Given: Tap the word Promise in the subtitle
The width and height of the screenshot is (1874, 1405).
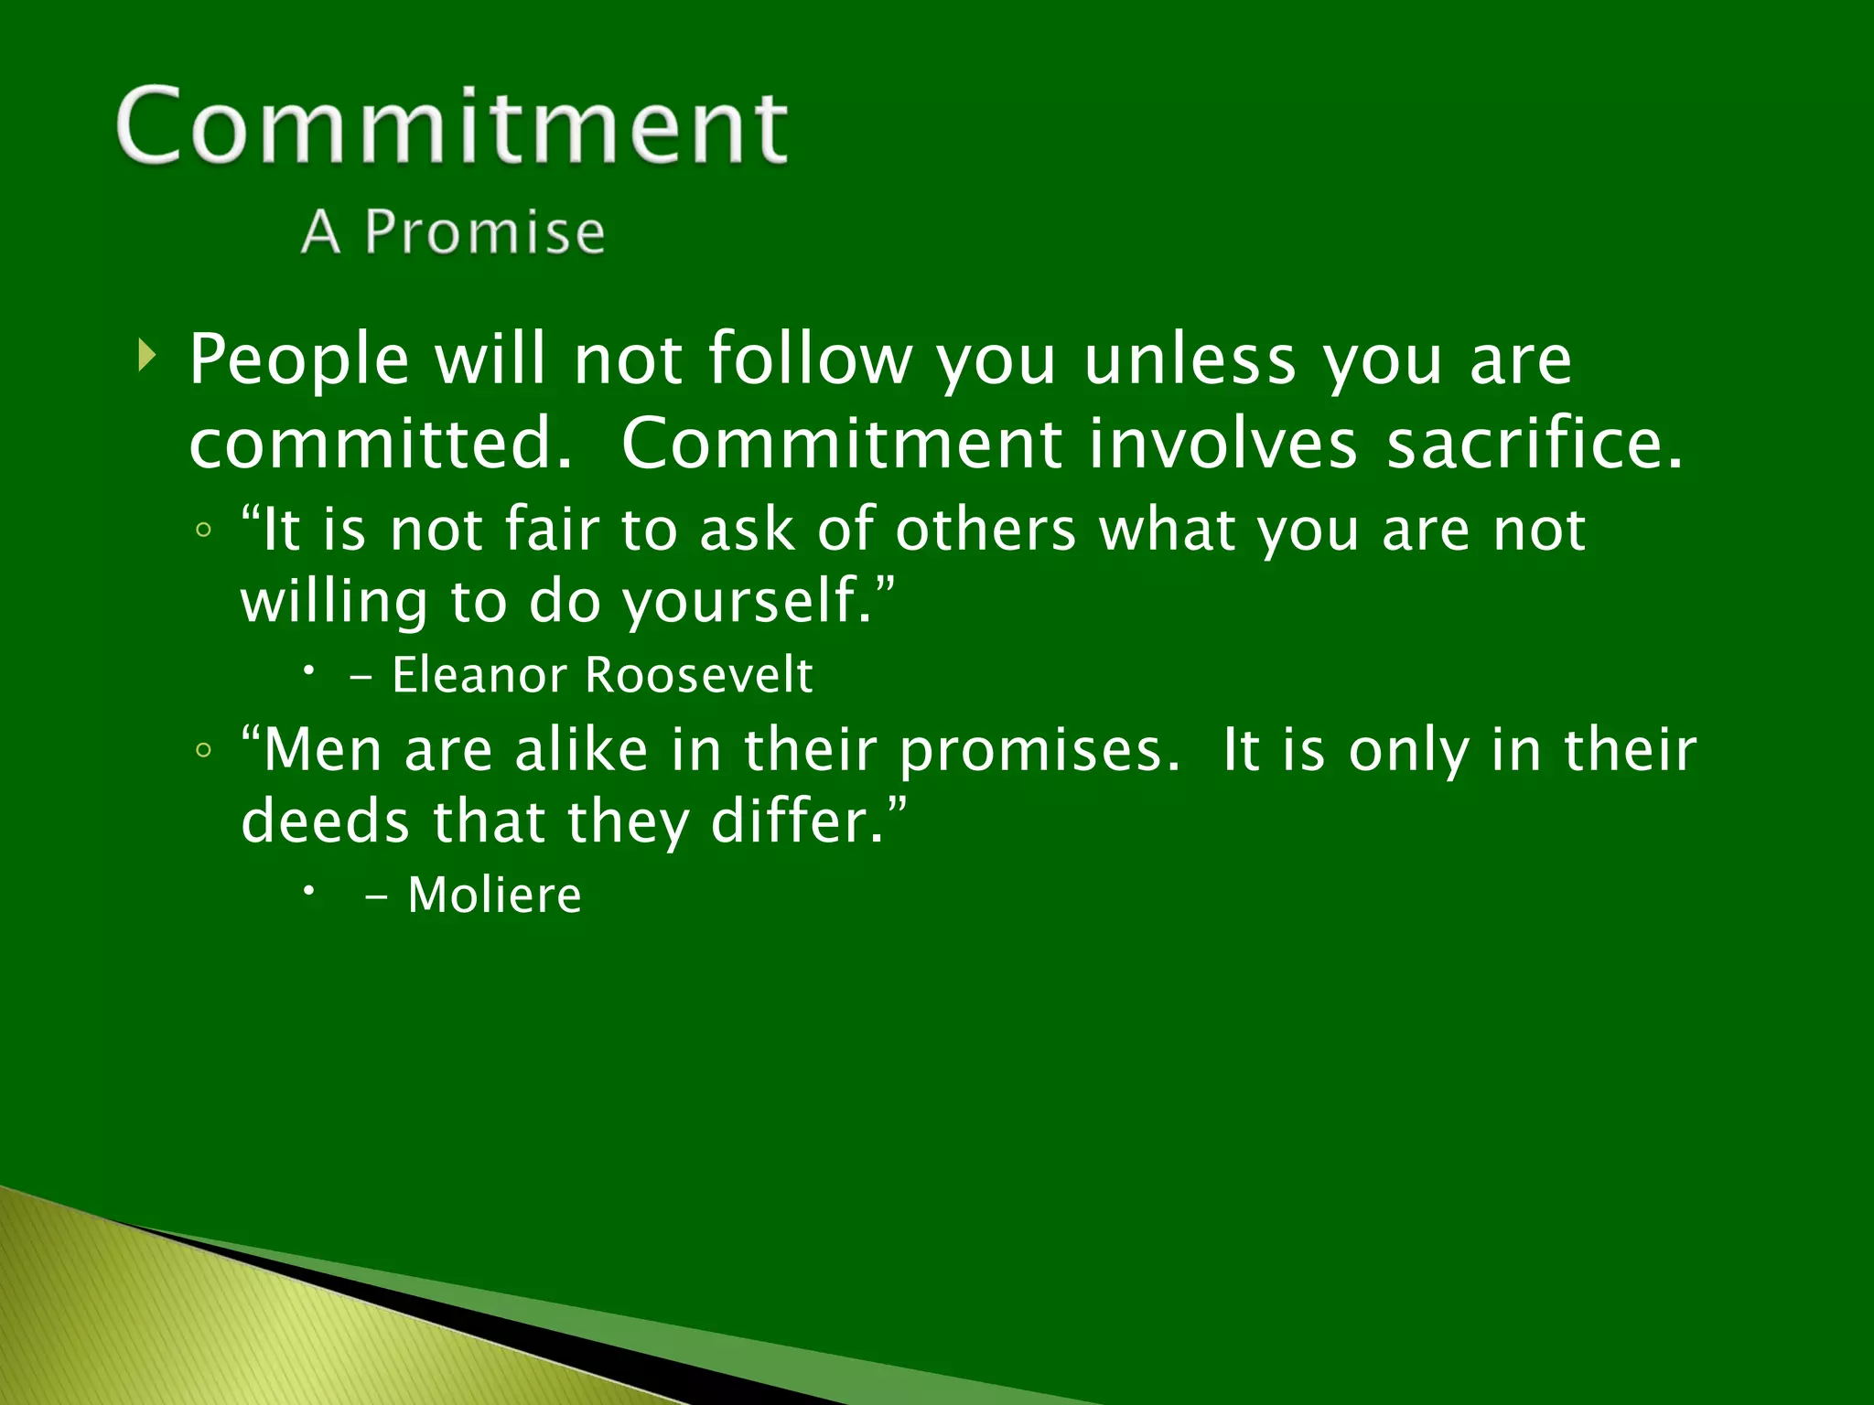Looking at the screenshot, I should pos(484,231).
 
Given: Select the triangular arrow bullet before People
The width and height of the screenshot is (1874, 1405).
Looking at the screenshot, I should pos(146,355).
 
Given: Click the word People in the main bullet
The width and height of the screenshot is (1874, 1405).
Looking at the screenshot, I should pos(298,360).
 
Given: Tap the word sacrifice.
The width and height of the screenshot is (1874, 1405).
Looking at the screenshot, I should pos(1533,444).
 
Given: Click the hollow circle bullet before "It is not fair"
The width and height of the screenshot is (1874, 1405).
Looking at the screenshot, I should pos(204,531).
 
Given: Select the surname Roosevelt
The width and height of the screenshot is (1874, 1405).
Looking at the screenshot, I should pos(698,676).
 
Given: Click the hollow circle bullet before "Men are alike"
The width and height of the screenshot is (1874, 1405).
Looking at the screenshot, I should pos(204,751).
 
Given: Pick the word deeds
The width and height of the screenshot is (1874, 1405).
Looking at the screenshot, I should pos(325,821).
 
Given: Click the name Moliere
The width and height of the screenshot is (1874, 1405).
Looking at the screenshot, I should pos(494,896).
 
